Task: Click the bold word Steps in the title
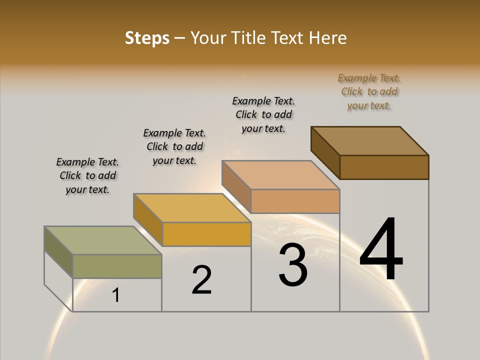(147, 38)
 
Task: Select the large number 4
(381, 250)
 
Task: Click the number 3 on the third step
(293, 265)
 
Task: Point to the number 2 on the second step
(201, 280)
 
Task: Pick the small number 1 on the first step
(116, 295)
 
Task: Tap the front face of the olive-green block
(117, 266)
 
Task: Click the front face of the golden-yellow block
(206, 234)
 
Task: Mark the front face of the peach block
(295, 201)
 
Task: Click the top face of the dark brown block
(369, 140)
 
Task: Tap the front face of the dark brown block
(384, 167)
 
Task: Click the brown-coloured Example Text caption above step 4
(369, 92)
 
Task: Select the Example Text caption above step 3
(264, 114)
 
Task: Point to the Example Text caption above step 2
(174, 146)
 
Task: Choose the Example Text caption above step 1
(87, 175)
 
